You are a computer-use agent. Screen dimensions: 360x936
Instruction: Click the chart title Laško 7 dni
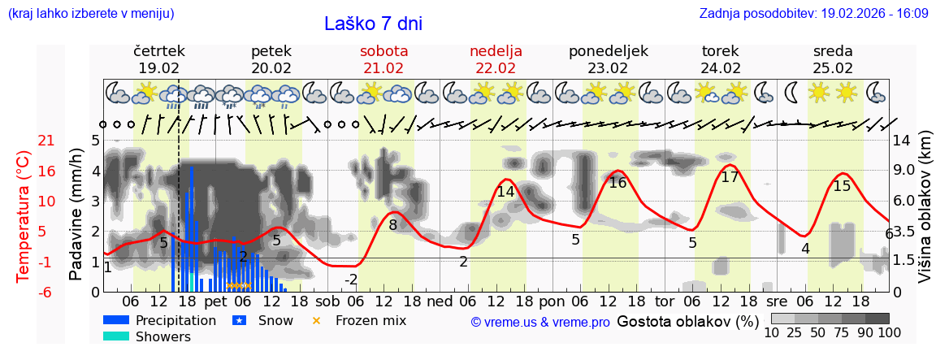(x=373, y=24)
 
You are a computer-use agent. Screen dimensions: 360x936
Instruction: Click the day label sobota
(x=383, y=51)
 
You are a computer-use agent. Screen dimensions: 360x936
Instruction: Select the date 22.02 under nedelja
(x=496, y=68)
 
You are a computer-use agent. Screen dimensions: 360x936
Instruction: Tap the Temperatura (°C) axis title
(x=24, y=216)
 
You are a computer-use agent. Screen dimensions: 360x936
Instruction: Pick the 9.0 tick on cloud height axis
(x=903, y=171)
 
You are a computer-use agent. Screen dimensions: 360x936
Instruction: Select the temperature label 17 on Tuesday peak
(x=730, y=176)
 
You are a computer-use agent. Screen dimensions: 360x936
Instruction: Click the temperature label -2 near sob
(x=351, y=280)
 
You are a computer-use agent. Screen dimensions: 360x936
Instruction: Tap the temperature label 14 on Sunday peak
(x=505, y=192)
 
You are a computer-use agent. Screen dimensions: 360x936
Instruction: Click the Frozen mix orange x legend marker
(x=317, y=320)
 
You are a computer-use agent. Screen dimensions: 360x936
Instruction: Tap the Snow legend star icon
(x=240, y=320)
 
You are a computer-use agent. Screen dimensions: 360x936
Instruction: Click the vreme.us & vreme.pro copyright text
(x=540, y=323)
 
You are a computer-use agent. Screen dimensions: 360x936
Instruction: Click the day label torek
(x=720, y=51)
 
